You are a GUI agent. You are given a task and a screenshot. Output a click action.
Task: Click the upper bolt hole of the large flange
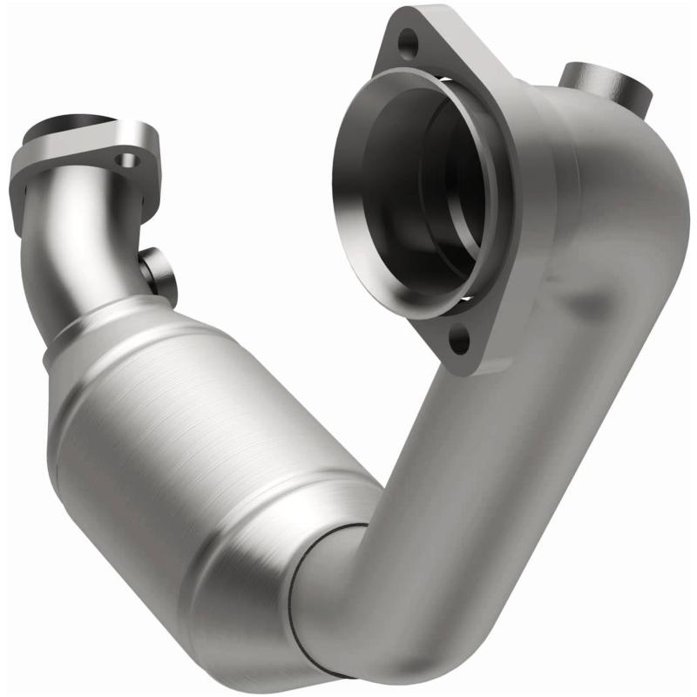click(406, 38)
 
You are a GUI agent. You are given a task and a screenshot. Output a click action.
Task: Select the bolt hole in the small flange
click(129, 160)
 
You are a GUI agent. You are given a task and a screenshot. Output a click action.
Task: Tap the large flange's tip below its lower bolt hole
click(466, 362)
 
